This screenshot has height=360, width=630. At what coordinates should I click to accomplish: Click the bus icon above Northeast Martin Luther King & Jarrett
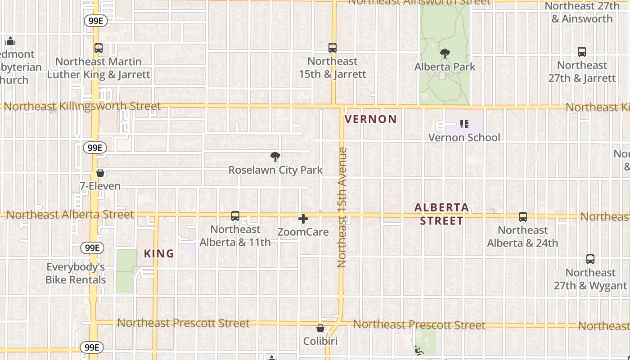coord(99,48)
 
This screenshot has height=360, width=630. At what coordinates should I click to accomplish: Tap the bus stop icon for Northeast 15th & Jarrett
coord(333,48)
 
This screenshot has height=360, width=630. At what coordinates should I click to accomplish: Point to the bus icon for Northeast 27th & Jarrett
coord(582,52)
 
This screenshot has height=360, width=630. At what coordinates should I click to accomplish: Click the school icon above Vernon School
coord(464,124)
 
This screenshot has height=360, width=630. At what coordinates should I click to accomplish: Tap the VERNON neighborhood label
coord(371,119)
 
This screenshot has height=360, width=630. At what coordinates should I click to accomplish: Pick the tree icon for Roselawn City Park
coord(275,157)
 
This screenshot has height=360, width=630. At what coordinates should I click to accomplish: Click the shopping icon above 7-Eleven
coord(100,173)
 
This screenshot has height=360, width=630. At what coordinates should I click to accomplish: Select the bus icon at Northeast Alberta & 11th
coord(235,216)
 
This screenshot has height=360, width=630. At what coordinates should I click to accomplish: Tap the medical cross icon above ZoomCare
coord(303,219)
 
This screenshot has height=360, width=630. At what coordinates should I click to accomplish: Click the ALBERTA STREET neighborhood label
coord(441,214)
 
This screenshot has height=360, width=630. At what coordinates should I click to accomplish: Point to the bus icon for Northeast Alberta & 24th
coord(522,217)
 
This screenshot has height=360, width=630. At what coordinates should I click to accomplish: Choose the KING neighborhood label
coord(159,254)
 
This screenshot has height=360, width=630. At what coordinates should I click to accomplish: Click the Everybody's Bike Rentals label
coord(76,273)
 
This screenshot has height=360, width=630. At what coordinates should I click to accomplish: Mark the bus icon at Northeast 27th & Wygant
coord(590,260)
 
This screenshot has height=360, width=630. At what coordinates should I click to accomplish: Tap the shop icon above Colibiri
coord(320,328)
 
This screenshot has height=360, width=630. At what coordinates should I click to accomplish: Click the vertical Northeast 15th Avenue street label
coord(342,207)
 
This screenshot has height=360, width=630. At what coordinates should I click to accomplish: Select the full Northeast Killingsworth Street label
coord(82,107)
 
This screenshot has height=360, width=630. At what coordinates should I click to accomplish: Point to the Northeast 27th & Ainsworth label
coord(582,12)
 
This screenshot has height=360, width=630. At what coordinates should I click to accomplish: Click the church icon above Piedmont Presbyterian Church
coord(10,41)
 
